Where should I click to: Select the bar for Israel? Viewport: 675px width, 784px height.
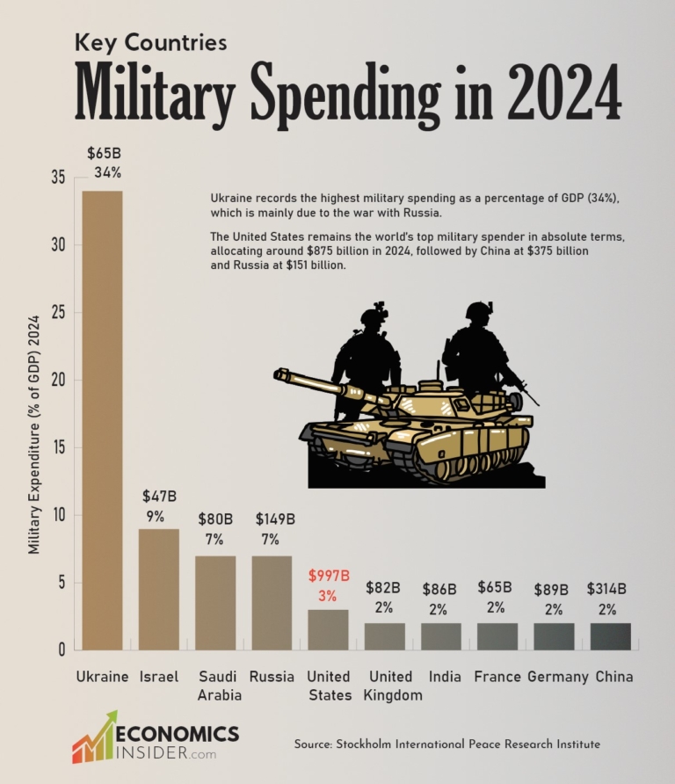158,589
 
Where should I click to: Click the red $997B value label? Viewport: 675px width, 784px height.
329,577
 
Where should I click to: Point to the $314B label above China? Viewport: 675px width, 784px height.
611,589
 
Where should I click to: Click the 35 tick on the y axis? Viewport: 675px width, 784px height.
57,178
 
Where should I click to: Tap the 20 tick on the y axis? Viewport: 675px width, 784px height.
57,381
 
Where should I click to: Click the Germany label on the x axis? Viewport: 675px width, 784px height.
557,677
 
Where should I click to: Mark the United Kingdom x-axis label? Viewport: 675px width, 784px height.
390,686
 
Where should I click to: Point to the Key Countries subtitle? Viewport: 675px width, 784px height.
150,41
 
